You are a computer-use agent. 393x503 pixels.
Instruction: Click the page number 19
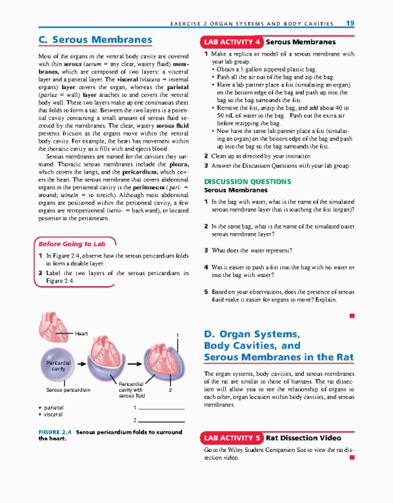pyautogui.click(x=350, y=23)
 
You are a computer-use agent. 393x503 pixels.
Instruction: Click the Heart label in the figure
pyautogui.click(x=82, y=333)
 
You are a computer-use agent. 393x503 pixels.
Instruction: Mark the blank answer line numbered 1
pyautogui.click(x=162, y=408)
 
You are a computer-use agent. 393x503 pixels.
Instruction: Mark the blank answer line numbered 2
pyautogui.click(x=162, y=420)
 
